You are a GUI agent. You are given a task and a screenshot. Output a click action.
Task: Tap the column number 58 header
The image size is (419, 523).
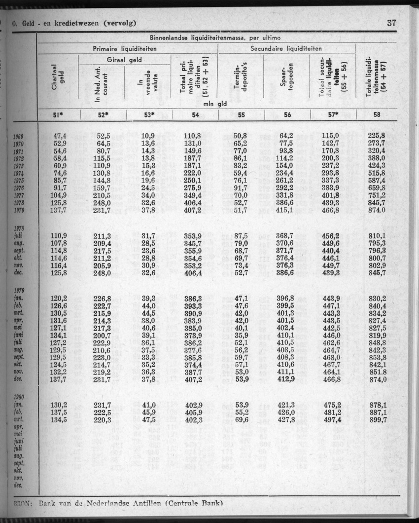[x=377, y=114]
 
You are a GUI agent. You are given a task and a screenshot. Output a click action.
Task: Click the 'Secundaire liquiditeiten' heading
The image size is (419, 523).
[x=286, y=48]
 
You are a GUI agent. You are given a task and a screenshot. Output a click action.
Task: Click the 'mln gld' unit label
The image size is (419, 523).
[x=214, y=104]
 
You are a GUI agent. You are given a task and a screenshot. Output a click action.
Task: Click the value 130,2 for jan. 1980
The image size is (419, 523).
[x=59, y=405]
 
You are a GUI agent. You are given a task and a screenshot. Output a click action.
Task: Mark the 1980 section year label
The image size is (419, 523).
[x=19, y=397]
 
